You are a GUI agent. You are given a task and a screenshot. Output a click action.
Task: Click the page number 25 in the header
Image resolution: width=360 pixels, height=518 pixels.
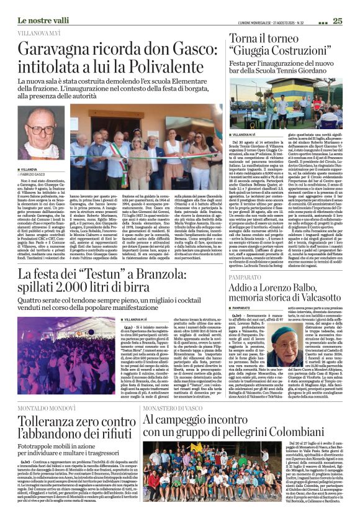point(338,21)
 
